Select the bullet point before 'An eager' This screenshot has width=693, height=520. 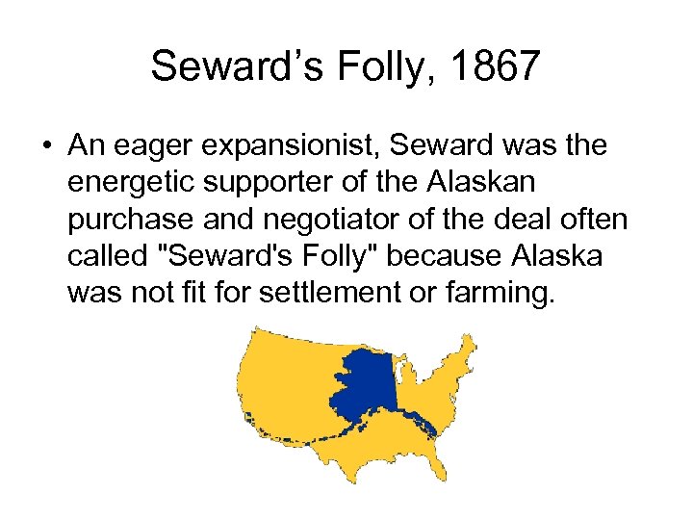[x=46, y=146]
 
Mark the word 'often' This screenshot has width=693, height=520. [x=597, y=220]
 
